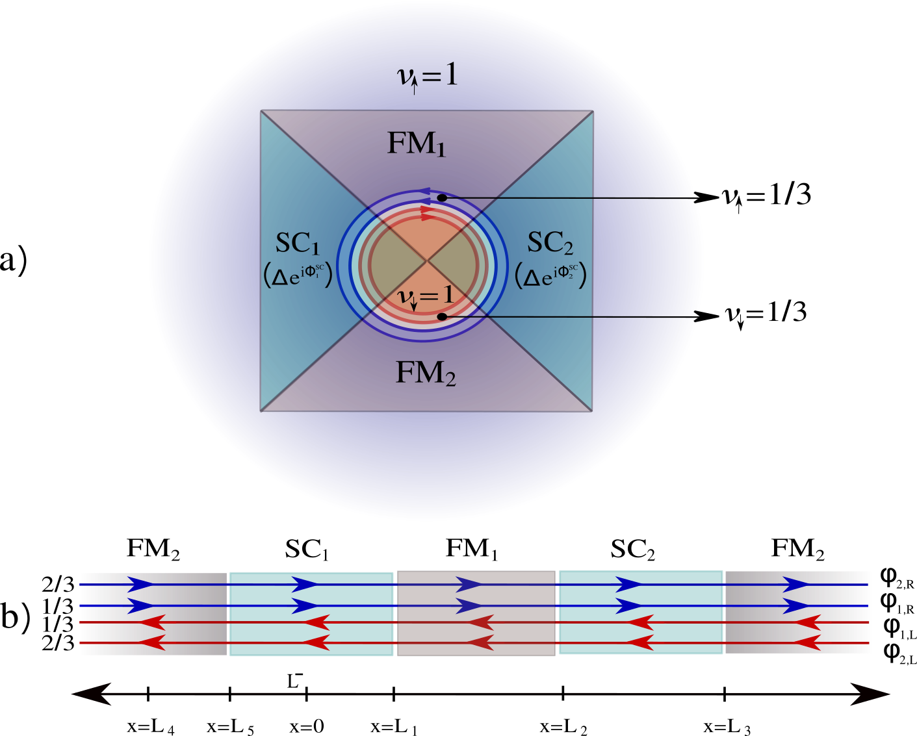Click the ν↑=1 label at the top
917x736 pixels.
coord(427,77)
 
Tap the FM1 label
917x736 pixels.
coord(416,144)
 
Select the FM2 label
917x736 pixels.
coord(426,374)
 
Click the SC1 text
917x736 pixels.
coord(298,244)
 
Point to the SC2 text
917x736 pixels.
coord(550,243)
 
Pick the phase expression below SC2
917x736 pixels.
coord(551,275)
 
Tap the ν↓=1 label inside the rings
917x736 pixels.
coord(426,296)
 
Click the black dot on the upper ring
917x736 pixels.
coord(442,197)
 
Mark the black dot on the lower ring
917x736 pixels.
coord(442,316)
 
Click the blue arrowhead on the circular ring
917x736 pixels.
coord(424,192)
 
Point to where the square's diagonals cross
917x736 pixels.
coord(427,261)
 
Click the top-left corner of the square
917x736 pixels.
coord(261,111)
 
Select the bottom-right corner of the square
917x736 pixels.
coord(592,411)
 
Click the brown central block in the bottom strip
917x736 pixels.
coord(476,613)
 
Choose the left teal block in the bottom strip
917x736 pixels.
coord(311,614)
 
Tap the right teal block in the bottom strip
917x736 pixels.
coord(641,613)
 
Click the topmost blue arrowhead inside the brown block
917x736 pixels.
coord(468,585)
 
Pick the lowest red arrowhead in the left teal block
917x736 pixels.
coord(316,643)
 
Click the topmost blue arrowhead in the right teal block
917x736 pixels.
coord(628,585)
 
